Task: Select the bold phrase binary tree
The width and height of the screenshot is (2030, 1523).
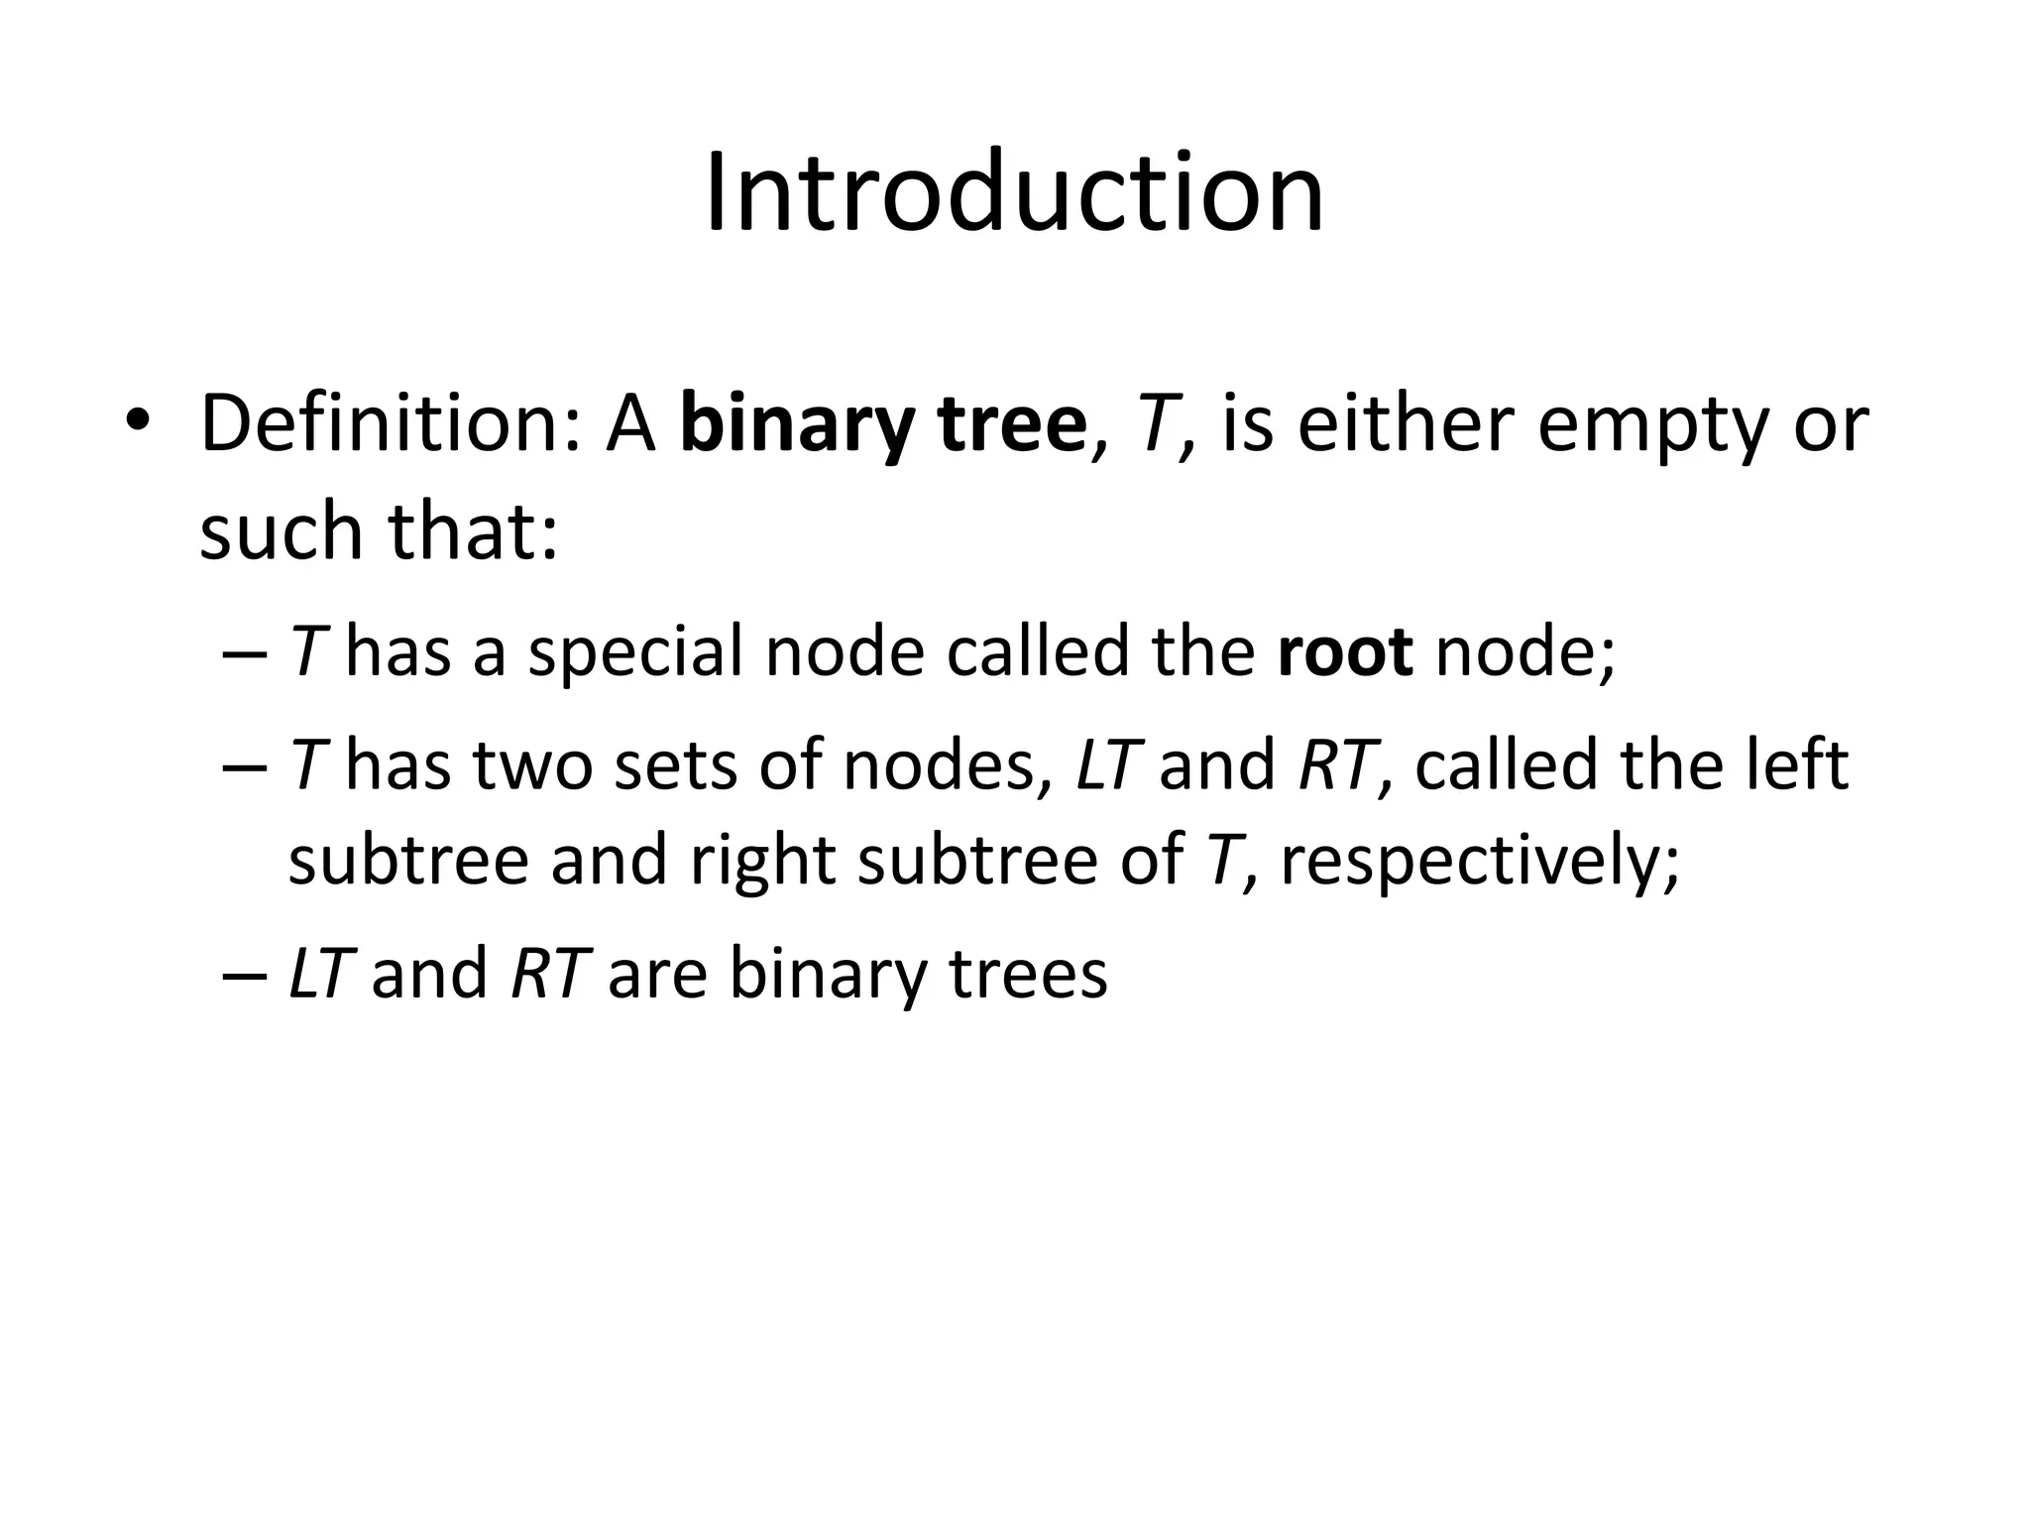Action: pyautogui.click(x=883, y=424)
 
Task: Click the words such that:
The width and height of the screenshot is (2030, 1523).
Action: pyautogui.click(x=380, y=531)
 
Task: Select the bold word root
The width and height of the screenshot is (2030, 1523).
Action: pyautogui.click(x=1345, y=652)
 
